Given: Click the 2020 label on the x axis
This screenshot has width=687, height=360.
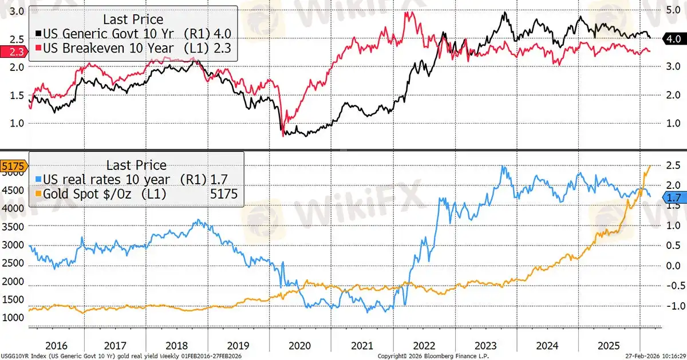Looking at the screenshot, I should pyautogui.click(x=299, y=346).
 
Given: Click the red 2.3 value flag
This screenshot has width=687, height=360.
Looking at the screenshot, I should pyautogui.click(x=10, y=51).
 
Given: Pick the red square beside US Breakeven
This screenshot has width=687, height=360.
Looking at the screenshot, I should pyautogui.click(x=39, y=49).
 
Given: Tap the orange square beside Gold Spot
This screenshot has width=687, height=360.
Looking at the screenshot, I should pyautogui.click(x=39, y=195).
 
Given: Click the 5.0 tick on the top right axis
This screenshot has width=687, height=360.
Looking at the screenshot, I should pyautogui.click(x=671, y=10).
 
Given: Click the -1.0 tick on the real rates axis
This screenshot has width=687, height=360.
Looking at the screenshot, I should pyautogui.click(x=671, y=306).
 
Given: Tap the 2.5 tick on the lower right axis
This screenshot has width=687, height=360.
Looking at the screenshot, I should pyautogui.click(x=671, y=167).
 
